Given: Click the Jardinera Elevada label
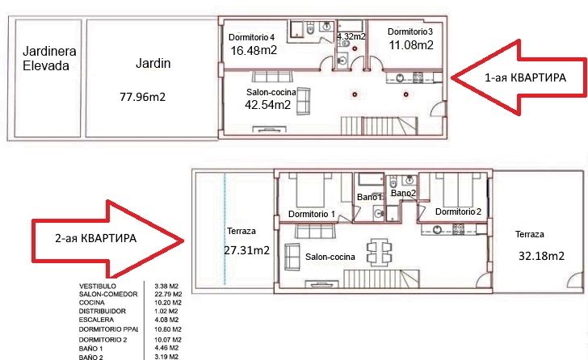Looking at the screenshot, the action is [49, 58].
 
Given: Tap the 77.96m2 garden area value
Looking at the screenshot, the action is [142, 97].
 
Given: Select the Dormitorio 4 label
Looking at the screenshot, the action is [252, 37].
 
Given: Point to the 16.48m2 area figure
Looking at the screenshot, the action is [254, 50].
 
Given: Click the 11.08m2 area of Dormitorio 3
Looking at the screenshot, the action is [411, 45].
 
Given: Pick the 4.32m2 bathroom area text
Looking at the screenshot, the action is [351, 36].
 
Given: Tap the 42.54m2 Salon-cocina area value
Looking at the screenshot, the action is [268, 104].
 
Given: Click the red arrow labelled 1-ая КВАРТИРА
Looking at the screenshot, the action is [519, 77].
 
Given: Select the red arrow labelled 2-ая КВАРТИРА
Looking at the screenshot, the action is [107, 239].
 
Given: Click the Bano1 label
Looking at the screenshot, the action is [369, 197].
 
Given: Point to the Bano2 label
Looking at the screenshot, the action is [404, 193].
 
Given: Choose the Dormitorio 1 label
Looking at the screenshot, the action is [312, 214].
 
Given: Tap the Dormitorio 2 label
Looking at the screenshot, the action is [458, 211].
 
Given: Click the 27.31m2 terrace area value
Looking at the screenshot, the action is [247, 250].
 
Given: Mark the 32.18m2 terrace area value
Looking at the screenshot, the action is [541, 256].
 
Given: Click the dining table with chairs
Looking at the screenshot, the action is [379, 252].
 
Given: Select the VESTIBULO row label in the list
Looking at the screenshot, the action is [98, 287].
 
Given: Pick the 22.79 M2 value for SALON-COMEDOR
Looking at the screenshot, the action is [168, 294].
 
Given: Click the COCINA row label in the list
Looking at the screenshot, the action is [91, 303].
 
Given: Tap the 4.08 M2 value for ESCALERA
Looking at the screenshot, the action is [166, 320].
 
